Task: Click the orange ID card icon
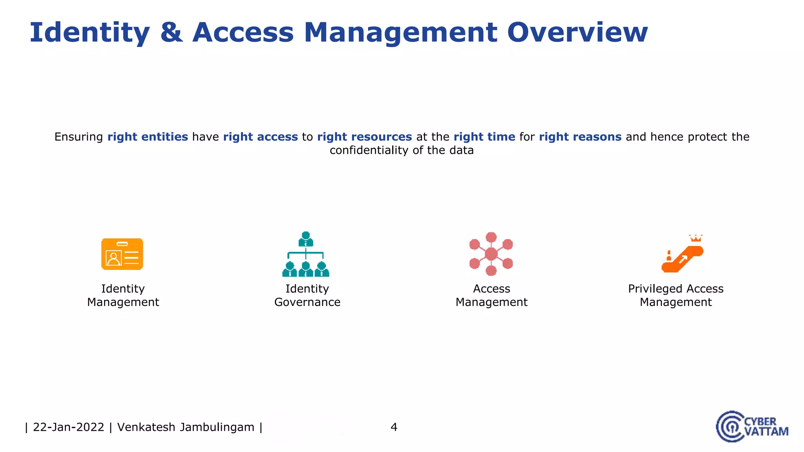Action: pos(122,254)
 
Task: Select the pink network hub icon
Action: pos(491,254)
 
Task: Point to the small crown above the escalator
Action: pos(696,238)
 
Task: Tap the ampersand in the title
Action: pos(172,33)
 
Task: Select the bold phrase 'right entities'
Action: pos(148,137)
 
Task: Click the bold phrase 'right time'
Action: pos(484,137)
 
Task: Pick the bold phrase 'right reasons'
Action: pos(580,137)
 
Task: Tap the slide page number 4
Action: pos(394,427)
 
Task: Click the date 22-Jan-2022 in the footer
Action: pos(68,427)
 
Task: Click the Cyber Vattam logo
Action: pos(751,426)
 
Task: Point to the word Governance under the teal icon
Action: pos(307,302)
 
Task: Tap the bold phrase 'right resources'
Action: pos(364,137)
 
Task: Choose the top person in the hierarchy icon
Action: pos(305,238)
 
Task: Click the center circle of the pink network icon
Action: pos(491,254)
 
